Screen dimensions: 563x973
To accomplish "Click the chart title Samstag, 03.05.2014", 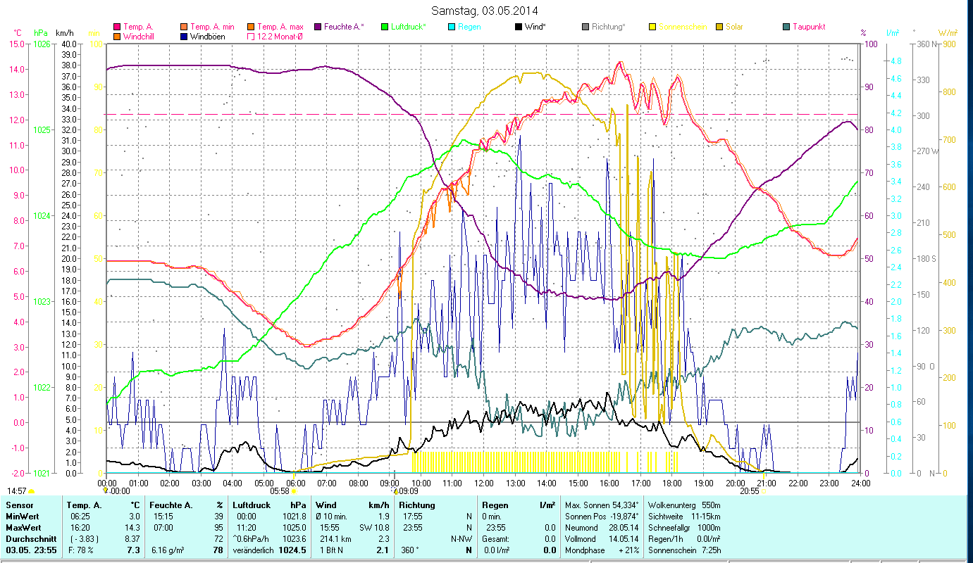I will point(486,11).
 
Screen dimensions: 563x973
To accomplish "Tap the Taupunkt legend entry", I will point(808,27).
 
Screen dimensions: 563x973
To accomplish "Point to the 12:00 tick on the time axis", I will point(484,483).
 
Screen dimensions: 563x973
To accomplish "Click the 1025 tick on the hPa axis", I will point(42,130).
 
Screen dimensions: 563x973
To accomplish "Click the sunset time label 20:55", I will point(750,491).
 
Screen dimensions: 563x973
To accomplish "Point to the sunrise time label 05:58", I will point(280,491).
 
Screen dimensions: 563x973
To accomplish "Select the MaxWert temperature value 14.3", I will point(133,527).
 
